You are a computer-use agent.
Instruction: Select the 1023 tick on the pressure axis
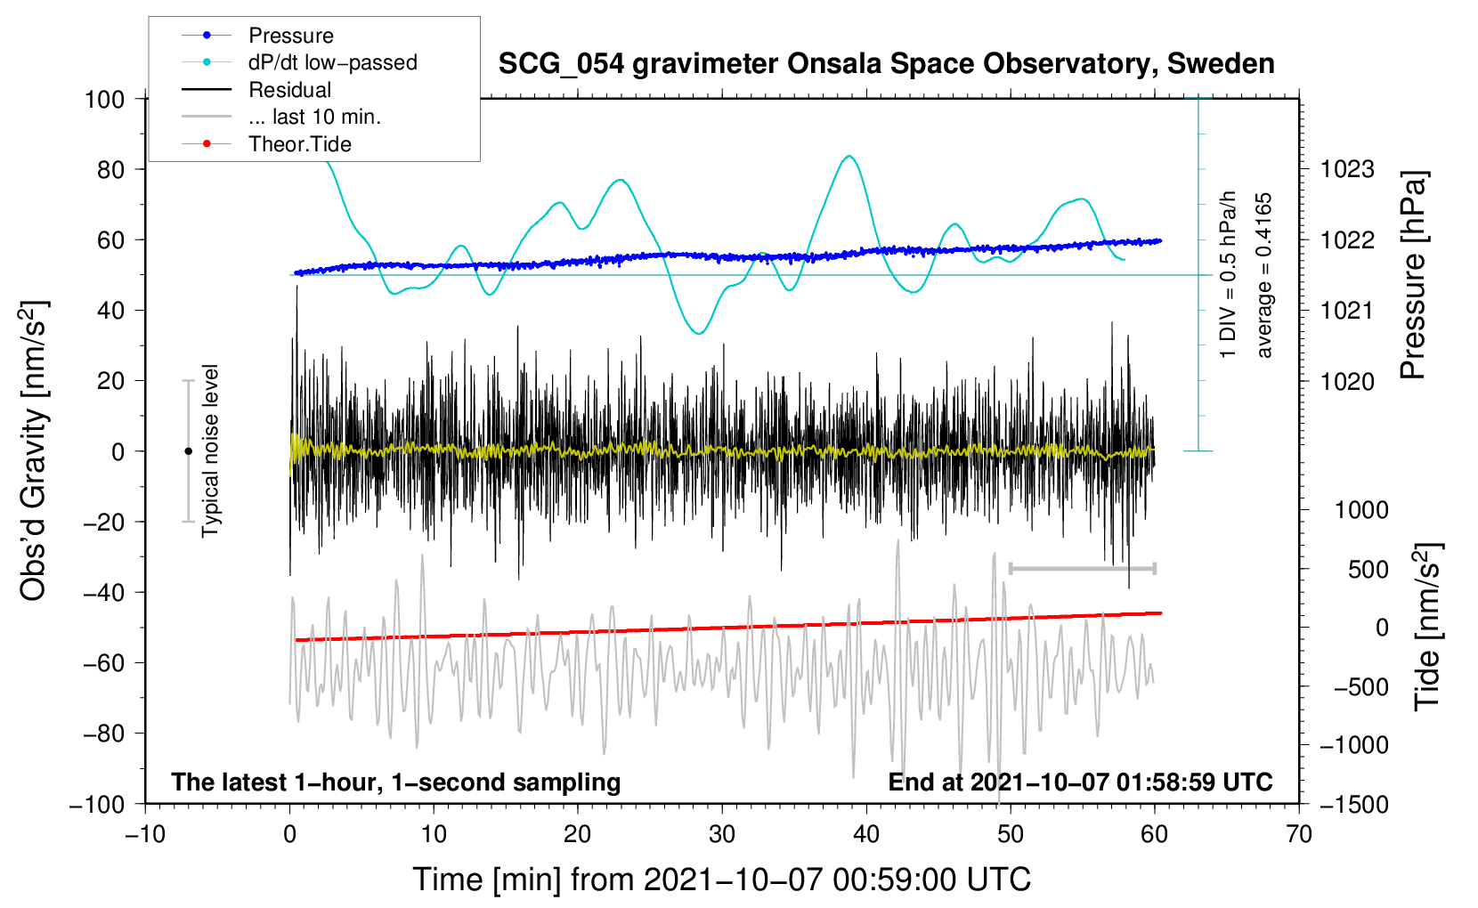click(x=1347, y=170)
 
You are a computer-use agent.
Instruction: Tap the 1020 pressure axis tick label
click(x=1347, y=381)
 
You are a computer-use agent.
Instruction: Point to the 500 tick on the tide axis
click(x=1368, y=570)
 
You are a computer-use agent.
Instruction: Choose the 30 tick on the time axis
click(x=722, y=834)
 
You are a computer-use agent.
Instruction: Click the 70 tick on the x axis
click(x=1298, y=834)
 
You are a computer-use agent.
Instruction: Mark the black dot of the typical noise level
click(x=188, y=451)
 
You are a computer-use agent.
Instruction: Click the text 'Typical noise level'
click(x=210, y=451)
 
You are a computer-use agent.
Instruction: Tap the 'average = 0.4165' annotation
click(x=1263, y=276)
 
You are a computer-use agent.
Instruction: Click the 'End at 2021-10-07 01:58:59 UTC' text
click(x=1080, y=782)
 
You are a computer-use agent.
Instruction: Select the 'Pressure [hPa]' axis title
click(x=1413, y=275)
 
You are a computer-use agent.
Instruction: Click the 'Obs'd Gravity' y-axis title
click(x=33, y=450)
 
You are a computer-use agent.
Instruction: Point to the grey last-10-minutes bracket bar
click(x=1082, y=568)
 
